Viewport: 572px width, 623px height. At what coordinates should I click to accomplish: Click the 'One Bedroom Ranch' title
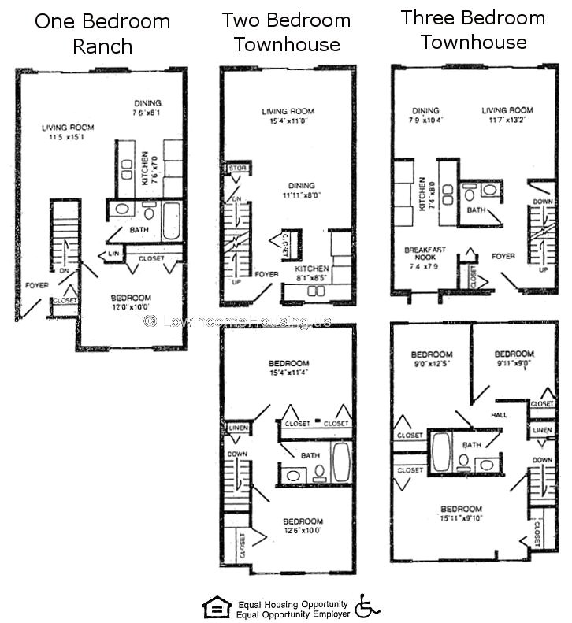pyautogui.click(x=102, y=33)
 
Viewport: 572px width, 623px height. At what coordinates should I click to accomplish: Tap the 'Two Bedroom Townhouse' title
pyautogui.click(x=285, y=32)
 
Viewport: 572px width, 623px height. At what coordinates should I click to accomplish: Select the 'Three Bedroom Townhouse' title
pyautogui.click(x=473, y=29)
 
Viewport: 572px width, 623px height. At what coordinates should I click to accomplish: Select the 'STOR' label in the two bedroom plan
pyautogui.click(x=236, y=169)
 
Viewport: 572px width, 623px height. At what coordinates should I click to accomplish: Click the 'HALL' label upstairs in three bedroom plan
pyautogui.click(x=498, y=414)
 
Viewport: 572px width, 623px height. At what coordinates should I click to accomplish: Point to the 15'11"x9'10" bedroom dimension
pyautogui.click(x=461, y=518)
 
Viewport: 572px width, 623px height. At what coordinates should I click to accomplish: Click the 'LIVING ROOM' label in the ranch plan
pyautogui.click(x=69, y=128)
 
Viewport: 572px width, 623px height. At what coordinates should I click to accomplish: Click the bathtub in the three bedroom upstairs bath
pyautogui.click(x=440, y=451)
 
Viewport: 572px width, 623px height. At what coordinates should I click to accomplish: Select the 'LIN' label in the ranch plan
pyautogui.click(x=113, y=254)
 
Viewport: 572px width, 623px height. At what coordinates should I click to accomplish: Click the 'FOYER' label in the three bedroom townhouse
pyautogui.click(x=503, y=256)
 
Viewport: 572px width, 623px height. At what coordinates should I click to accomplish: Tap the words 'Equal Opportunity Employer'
pyautogui.click(x=292, y=614)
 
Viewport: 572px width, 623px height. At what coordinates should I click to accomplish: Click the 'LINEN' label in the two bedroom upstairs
pyautogui.click(x=238, y=428)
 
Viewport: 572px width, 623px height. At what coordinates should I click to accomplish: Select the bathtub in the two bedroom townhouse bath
pyautogui.click(x=341, y=462)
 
